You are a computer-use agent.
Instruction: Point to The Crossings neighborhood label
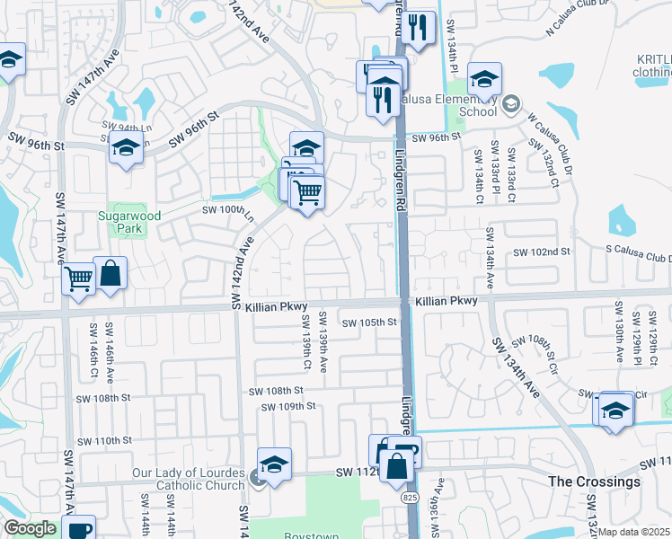tap(595, 482)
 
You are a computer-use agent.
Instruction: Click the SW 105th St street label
tap(368, 323)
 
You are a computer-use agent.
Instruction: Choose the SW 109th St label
tap(287, 406)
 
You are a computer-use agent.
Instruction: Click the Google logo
tap(30, 528)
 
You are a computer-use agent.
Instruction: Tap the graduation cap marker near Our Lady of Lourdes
tap(275, 465)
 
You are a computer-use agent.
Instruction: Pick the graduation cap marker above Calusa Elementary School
tap(484, 79)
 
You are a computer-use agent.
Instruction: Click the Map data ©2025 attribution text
tap(634, 532)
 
